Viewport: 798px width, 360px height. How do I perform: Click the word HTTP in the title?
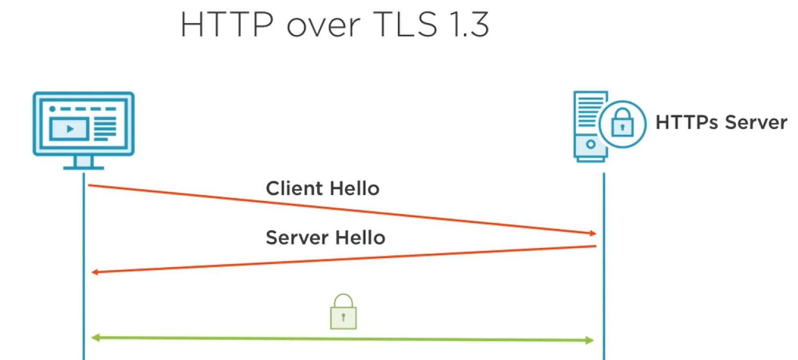226,24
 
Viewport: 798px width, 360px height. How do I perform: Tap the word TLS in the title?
405,24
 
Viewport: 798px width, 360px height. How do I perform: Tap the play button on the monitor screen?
70,129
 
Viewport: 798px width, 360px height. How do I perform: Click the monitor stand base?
83,168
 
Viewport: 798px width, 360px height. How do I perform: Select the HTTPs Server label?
721,122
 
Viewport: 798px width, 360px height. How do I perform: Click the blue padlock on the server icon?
622,123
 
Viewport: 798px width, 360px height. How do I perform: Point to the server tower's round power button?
591,144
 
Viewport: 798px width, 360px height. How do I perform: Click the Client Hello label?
322,189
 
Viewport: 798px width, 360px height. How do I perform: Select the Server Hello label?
325,238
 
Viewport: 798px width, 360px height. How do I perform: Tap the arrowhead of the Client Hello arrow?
593,233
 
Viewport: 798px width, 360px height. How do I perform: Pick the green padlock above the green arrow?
343,312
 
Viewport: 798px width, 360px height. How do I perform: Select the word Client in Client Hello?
294,189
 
